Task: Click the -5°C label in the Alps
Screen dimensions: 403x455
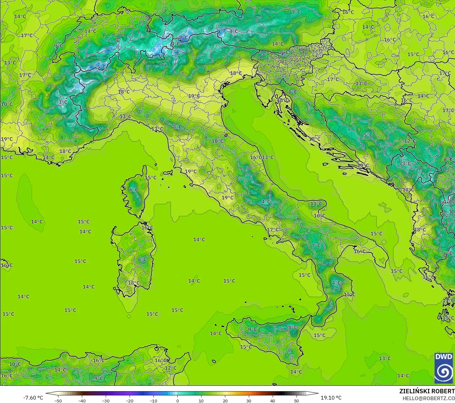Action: [101, 67]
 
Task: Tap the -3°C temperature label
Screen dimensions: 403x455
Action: [62, 102]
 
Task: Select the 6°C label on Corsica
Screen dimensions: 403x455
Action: [134, 189]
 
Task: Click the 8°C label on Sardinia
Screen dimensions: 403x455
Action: [142, 259]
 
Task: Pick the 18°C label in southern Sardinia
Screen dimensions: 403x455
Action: [134, 283]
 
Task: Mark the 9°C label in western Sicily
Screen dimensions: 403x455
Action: [252, 329]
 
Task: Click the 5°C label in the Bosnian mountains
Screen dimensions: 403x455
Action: [368, 135]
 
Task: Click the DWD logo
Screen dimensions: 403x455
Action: [443, 368]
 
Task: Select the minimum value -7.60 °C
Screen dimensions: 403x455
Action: [33, 398]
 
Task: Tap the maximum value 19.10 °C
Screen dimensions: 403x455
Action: [331, 398]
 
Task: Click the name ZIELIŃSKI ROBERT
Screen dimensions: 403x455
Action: [427, 391]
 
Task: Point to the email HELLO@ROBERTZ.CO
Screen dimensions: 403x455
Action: [429, 398]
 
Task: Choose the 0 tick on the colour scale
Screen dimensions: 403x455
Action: [177, 400]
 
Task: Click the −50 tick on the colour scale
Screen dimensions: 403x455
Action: [58, 400]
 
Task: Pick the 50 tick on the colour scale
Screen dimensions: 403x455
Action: [297, 400]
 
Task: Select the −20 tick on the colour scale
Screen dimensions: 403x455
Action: [129, 400]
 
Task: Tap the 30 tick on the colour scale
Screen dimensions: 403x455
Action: [249, 400]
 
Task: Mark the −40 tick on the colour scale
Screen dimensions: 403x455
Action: [82, 400]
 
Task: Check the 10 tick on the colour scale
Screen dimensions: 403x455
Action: [201, 400]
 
